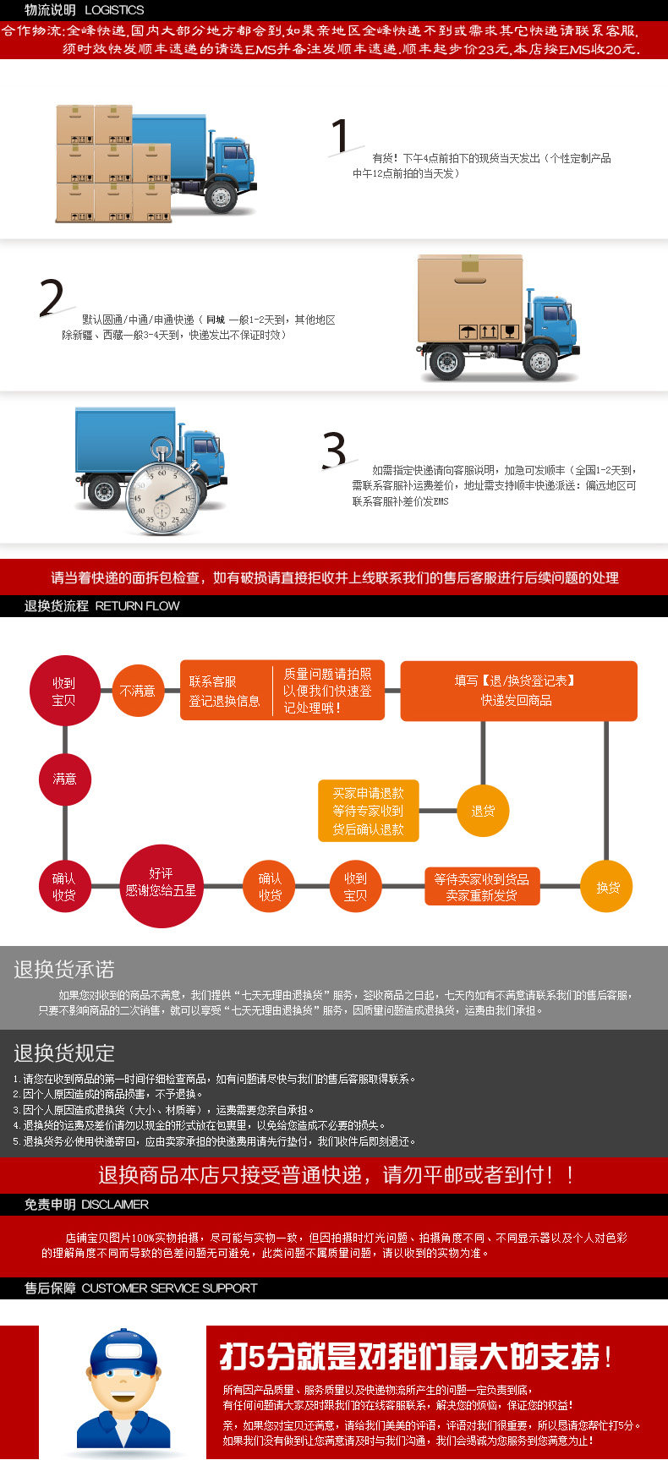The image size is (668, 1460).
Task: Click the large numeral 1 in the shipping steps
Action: tap(340, 137)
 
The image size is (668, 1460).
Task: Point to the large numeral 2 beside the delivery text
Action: tap(52, 297)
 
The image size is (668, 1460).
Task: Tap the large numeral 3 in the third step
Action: tap(335, 451)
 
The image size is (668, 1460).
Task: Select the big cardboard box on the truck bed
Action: tap(470, 298)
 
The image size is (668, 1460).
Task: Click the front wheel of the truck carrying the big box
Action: tap(539, 363)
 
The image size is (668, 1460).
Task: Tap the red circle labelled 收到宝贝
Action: tap(64, 691)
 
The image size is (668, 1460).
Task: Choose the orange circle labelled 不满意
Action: tap(138, 691)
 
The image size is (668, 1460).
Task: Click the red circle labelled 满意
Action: tap(65, 779)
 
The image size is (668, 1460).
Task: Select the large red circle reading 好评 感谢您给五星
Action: tap(161, 882)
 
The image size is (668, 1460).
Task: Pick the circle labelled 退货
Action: tap(483, 811)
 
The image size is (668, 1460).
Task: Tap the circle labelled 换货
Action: tap(607, 887)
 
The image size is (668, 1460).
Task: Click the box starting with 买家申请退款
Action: tap(368, 811)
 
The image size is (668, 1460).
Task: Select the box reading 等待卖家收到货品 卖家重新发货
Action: tap(482, 887)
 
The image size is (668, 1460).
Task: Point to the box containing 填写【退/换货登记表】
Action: tap(518, 691)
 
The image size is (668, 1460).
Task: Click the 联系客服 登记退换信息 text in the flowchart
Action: tap(225, 691)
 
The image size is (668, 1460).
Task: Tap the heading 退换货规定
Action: tap(64, 1053)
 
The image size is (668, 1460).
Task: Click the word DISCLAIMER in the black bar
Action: tap(115, 1204)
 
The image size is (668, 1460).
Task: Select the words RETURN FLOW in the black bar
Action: tap(137, 605)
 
